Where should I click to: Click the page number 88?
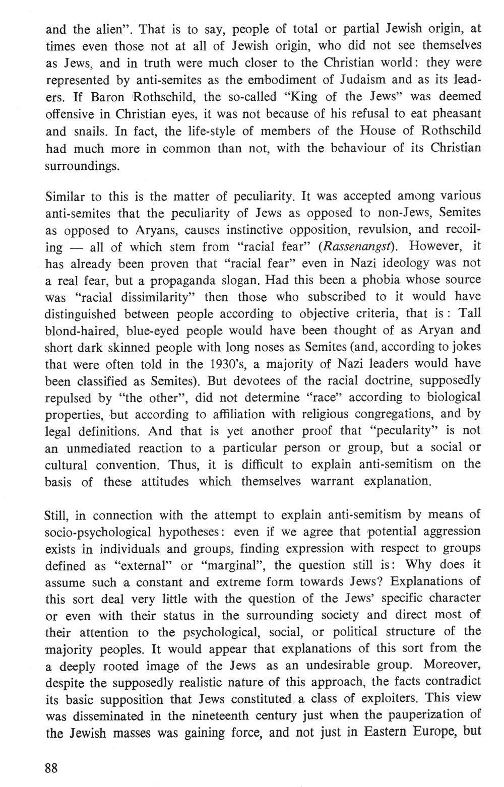point(51,768)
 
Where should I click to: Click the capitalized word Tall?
point(471,313)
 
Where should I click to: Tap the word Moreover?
point(452,665)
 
